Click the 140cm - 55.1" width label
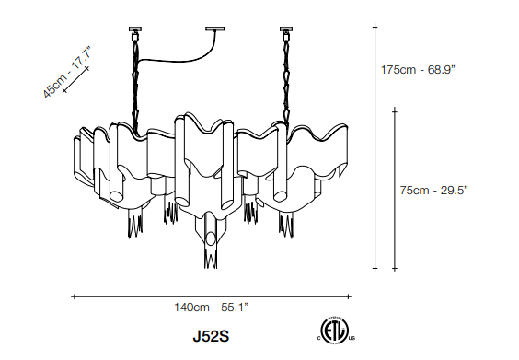(211, 308)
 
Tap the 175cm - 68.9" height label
(418, 70)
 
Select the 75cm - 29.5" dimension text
(434, 191)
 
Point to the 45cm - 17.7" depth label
(66, 73)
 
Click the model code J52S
(211, 337)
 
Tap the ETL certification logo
(335, 330)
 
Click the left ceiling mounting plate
(134, 29)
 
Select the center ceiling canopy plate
(214, 29)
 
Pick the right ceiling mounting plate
(286, 29)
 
